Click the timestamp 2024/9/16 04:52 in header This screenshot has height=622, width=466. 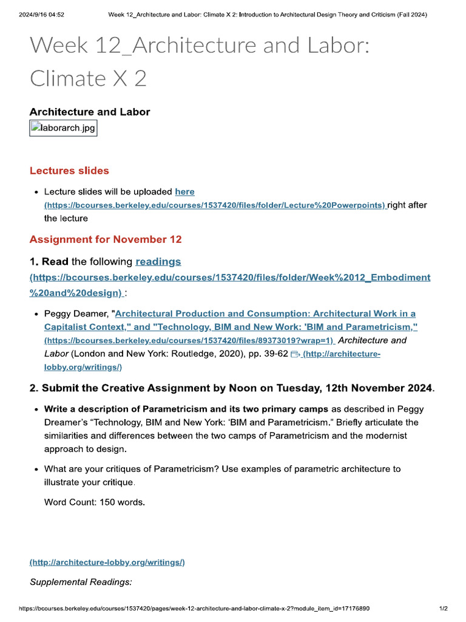pos(41,15)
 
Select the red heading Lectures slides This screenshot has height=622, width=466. pos(69,171)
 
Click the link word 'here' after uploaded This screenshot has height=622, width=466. pos(184,192)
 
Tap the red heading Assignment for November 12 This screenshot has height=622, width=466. pos(106,239)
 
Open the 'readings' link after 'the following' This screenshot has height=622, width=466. pos(158,262)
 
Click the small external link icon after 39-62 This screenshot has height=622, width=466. pos(295,354)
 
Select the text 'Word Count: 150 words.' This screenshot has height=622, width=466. pos(95,502)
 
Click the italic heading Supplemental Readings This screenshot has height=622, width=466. pos(81,582)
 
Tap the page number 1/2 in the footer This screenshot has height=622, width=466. pos(443,608)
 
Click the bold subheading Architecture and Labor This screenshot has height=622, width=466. pos(90,112)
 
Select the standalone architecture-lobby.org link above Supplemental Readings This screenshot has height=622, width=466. pos(107,562)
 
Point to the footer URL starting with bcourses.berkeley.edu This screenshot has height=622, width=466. pos(194,608)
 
